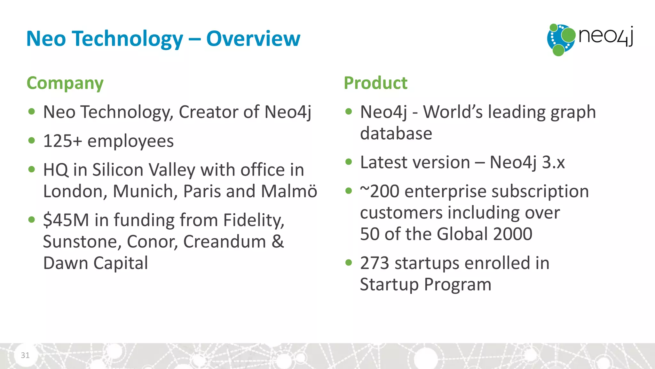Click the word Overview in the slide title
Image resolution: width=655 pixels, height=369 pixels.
pyautogui.click(x=253, y=39)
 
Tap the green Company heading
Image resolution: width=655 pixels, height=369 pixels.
pyautogui.click(x=65, y=83)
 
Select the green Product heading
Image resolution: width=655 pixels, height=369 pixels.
pyautogui.click(x=375, y=83)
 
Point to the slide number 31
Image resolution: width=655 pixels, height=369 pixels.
pyautogui.click(x=25, y=355)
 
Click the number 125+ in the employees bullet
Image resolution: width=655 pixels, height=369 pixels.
pyautogui.click(x=62, y=141)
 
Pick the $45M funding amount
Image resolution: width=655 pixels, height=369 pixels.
pyautogui.click(x=66, y=220)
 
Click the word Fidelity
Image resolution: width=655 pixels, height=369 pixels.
pyautogui.click(x=253, y=220)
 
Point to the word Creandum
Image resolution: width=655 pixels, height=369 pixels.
pyautogui.click(x=224, y=242)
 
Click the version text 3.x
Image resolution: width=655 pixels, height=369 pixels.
pyautogui.click(x=553, y=162)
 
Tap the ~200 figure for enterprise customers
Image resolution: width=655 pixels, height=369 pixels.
pyautogui.click(x=380, y=191)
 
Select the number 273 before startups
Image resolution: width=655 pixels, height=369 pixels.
pyautogui.click(x=375, y=263)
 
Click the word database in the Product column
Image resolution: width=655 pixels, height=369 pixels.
pyautogui.click(x=396, y=134)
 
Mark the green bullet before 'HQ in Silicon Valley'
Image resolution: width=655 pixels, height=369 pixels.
pyautogui.click(x=31, y=169)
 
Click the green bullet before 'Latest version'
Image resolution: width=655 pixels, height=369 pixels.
pyautogui.click(x=349, y=162)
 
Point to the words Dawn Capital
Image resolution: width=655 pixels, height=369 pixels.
pyautogui.click(x=95, y=263)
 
